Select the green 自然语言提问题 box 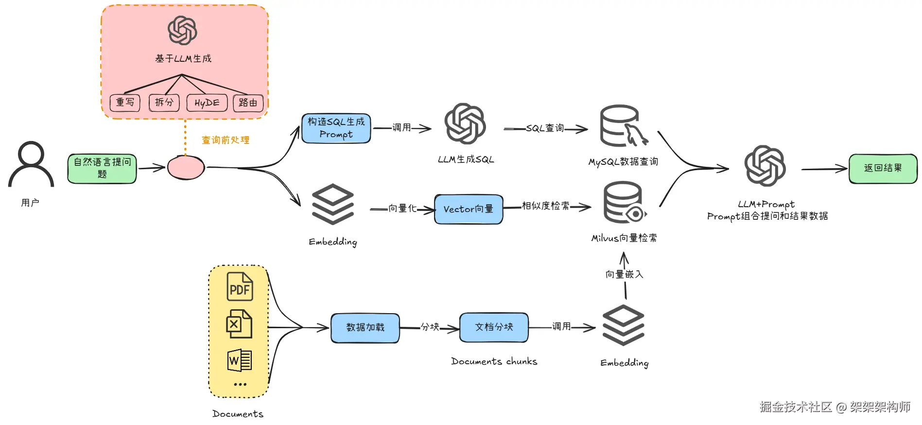[x=102, y=169]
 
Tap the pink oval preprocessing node [x=186, y=167]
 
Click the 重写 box [x=125, y=103]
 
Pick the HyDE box [x=207, y=103]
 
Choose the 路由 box [x=248, y=103]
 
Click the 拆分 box [x=164, y=103]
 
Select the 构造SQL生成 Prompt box [x=336, y=128]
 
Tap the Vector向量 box [x=469, y=209]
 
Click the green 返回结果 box [x=883, y=169]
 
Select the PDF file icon [x=240, y=287]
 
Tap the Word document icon [x=240, y=360]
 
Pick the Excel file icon [x=239, y=324]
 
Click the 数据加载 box [x=365, y=328]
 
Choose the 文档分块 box [x=494, y=327]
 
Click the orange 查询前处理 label [x=226, y=140]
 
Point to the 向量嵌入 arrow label [x=625, y=274]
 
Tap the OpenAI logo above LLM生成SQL [x=465, y=124]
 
